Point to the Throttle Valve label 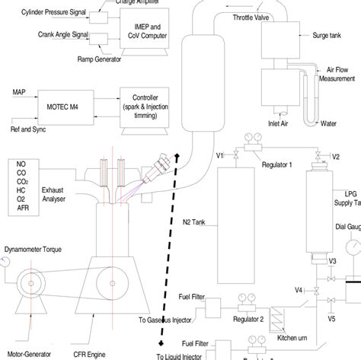(251, 16)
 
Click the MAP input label (20, 92)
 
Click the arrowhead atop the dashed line (177, 157)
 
